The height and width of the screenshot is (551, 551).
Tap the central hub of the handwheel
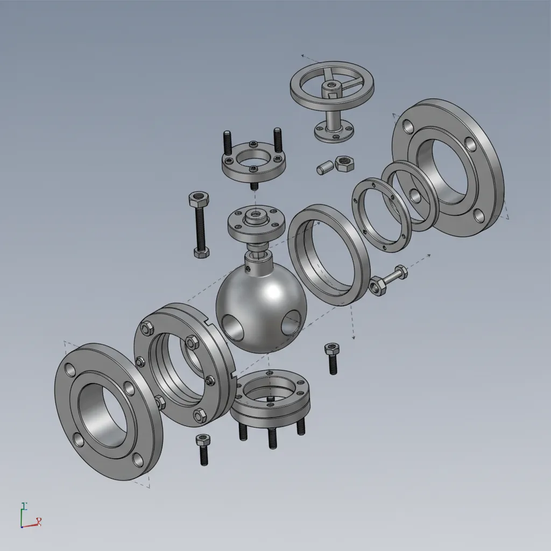click(x=330, y=86)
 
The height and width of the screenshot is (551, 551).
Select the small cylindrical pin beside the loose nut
click(x=323, y=168)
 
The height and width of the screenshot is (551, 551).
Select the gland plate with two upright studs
click(x=253, y=161)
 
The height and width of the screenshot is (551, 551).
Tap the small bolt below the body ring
click(x=203, y=449)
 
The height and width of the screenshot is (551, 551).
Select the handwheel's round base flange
click(x=333, y=134)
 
